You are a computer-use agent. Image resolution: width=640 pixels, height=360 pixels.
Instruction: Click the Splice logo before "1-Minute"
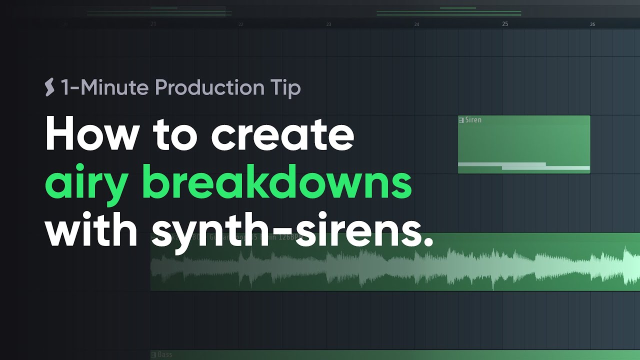pos(49,87)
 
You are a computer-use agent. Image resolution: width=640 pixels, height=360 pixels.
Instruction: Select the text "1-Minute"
pos(104,87)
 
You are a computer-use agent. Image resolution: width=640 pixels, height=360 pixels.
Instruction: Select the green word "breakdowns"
pos(277,182)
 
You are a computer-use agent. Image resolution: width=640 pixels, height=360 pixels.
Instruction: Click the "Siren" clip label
pos(473,120)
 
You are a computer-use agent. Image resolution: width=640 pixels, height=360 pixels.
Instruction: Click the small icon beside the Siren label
pos(461,120)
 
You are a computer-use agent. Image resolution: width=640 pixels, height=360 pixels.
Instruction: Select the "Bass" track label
pos(164,355)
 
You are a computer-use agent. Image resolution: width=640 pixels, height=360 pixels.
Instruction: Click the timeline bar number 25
pos(505,24)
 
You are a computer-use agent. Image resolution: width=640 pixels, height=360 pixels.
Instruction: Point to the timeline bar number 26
pos(592,24)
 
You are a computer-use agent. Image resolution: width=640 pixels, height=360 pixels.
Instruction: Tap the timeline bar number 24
pos(416,24)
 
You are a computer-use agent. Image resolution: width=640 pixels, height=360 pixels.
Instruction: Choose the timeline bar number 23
pos(328,24)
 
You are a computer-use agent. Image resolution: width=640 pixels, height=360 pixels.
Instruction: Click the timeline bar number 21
pos(153,24)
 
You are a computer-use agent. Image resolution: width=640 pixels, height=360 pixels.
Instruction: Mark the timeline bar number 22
pos(240,24)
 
